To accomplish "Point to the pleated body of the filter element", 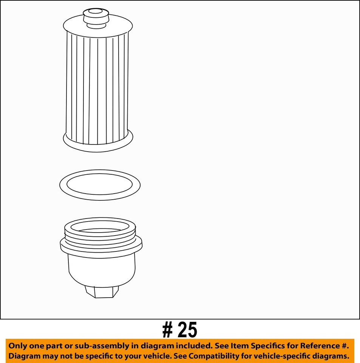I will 97,87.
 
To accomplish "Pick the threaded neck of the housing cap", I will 100,234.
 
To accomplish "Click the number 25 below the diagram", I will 188,330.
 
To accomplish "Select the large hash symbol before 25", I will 168,330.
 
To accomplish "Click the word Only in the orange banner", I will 17,346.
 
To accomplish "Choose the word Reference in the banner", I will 322,346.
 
